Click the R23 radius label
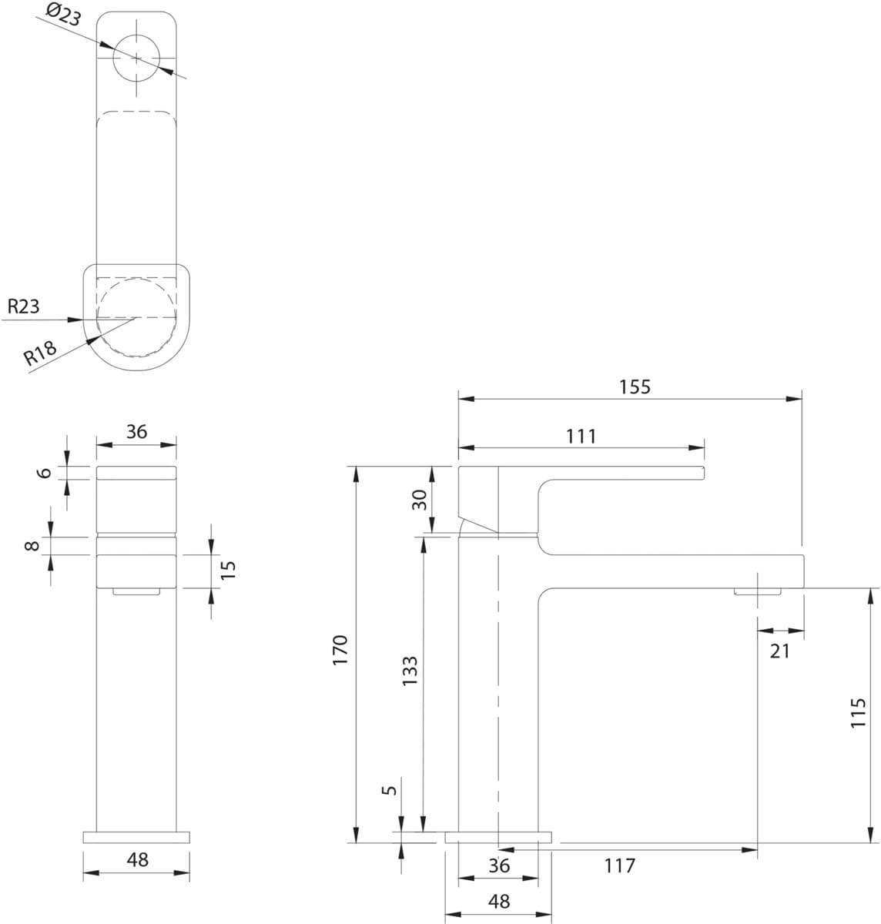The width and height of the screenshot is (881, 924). click(24, 306)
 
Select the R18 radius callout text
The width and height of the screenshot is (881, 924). click(40, 353)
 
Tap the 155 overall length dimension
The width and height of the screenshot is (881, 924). click(635, 387)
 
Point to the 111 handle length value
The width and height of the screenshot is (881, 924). click(581, 437)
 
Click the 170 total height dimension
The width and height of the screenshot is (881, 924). click(340, 650)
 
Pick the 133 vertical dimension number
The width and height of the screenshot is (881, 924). click(410, 671)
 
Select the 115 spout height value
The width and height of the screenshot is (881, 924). click(859, 713)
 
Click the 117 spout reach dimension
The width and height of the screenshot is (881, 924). click(620, 865)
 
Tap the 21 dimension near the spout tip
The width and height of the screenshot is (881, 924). click(780, 651)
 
